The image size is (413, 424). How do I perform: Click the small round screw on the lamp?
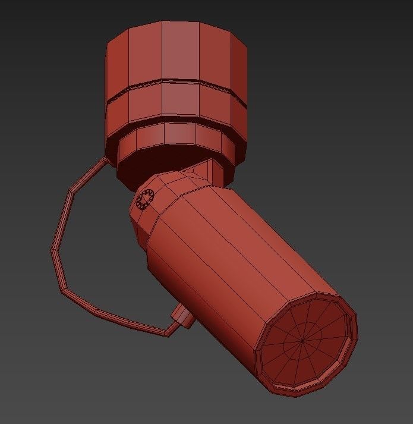pyautogui.click(x=145, y=198)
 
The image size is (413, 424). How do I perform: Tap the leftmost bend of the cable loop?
pyautogui.click(x=53, y=250)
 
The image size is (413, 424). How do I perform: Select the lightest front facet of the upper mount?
pyautogui.click(x=178, y=54)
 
